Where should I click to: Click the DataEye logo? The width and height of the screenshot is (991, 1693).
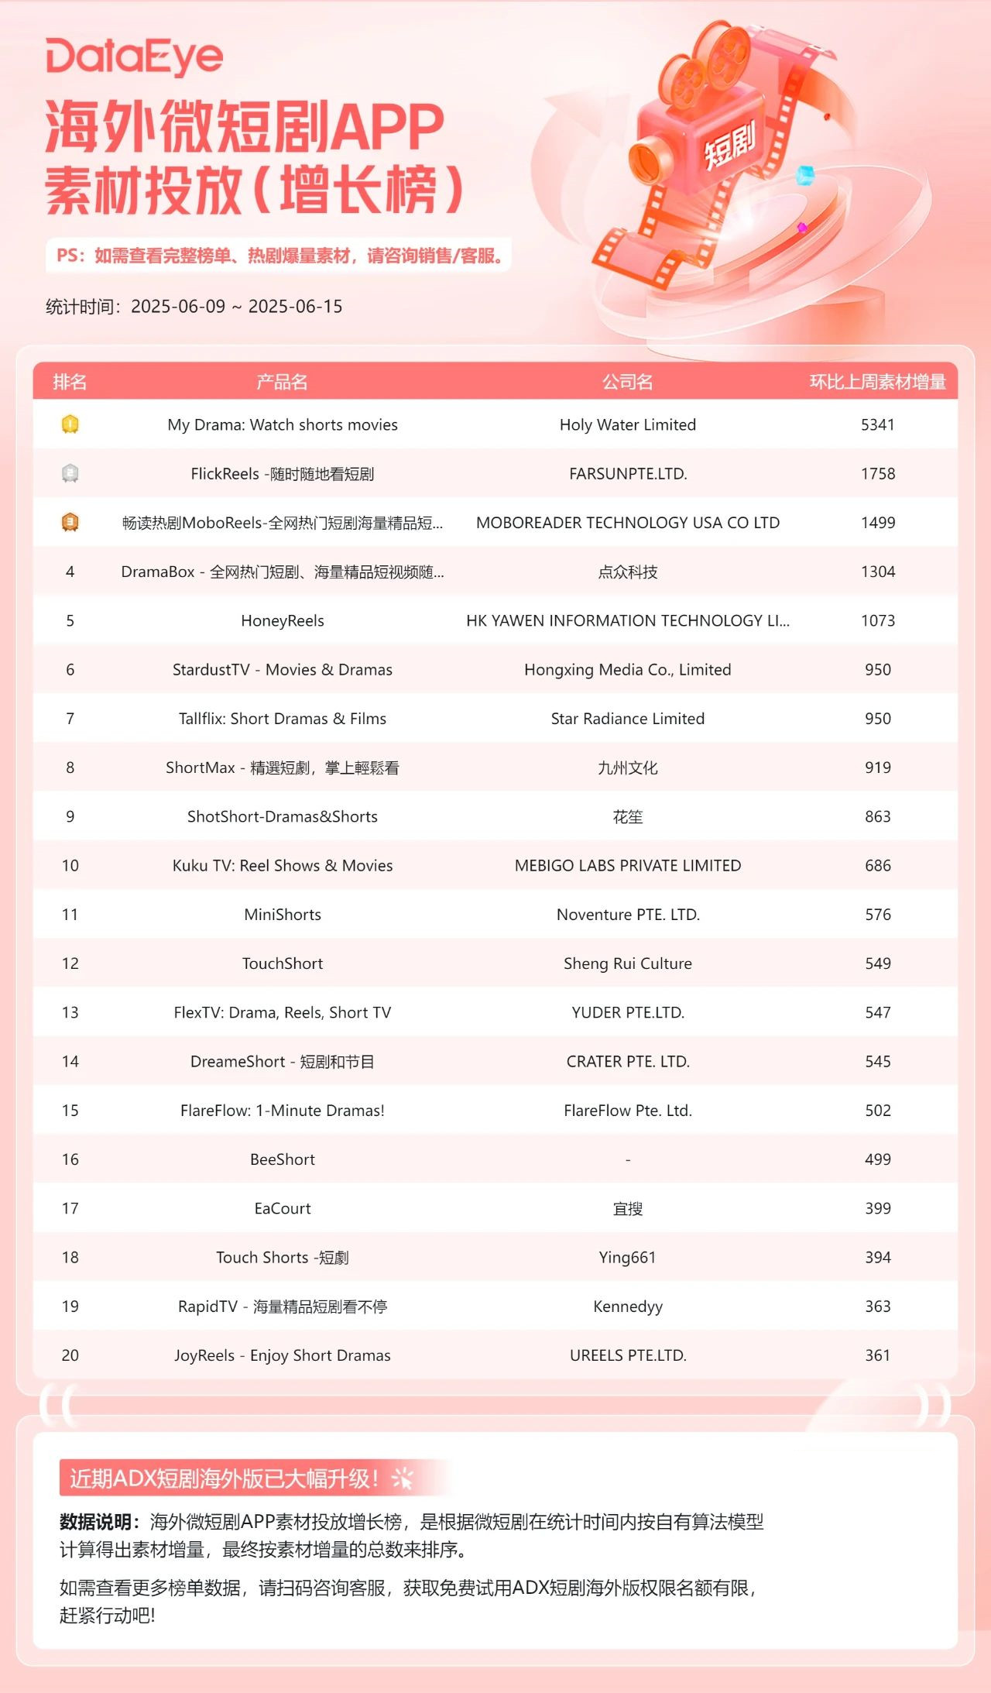(x=134, y=57)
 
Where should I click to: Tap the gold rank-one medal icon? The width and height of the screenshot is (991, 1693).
(x=70, y=424)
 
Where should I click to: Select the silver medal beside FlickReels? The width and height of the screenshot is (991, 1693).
(x=70, y=473)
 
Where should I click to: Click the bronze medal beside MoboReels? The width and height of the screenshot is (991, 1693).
(x=70, y=523)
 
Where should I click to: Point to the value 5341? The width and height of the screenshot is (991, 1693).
(x=877, y=424)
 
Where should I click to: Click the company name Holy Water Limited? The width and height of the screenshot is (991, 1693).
(x=627, y=424)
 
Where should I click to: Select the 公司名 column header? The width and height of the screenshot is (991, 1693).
(x=627, y=382)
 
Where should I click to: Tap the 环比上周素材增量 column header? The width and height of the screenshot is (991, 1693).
(x=877, y=382)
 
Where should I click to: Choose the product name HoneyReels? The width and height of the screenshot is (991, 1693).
(x=283, y=620)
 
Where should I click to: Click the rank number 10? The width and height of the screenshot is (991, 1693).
(x=70, y=865)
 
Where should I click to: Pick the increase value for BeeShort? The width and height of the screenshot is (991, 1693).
(x=877, y=1159)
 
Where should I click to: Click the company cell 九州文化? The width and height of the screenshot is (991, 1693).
(x=627, y=768)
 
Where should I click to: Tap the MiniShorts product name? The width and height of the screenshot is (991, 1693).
(x=283, y=915)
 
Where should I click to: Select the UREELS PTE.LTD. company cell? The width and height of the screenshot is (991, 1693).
(x=627, y=1355)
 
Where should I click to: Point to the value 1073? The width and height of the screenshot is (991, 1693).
(x=877, y=620)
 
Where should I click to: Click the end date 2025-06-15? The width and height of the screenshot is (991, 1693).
(x=295, y=307)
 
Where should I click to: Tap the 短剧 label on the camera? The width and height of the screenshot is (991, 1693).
(x=729, y=144)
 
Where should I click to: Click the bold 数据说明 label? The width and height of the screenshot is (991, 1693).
(x=94, y=1522)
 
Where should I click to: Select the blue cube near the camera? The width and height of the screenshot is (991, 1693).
(x=806, y=174)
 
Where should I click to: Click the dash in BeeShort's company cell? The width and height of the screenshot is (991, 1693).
(x=627, y=1159)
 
